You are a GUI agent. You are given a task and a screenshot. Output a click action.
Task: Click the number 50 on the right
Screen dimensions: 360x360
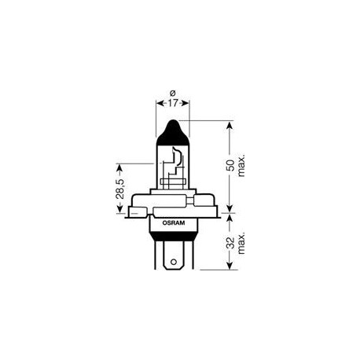[230, 167]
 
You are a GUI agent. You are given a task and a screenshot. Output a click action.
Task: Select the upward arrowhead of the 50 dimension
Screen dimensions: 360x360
[230, 124]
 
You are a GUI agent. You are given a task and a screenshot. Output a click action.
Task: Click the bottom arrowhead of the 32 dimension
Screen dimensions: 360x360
[230, 266]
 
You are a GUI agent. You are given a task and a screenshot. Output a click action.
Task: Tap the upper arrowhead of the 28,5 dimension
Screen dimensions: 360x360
[119, 167]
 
